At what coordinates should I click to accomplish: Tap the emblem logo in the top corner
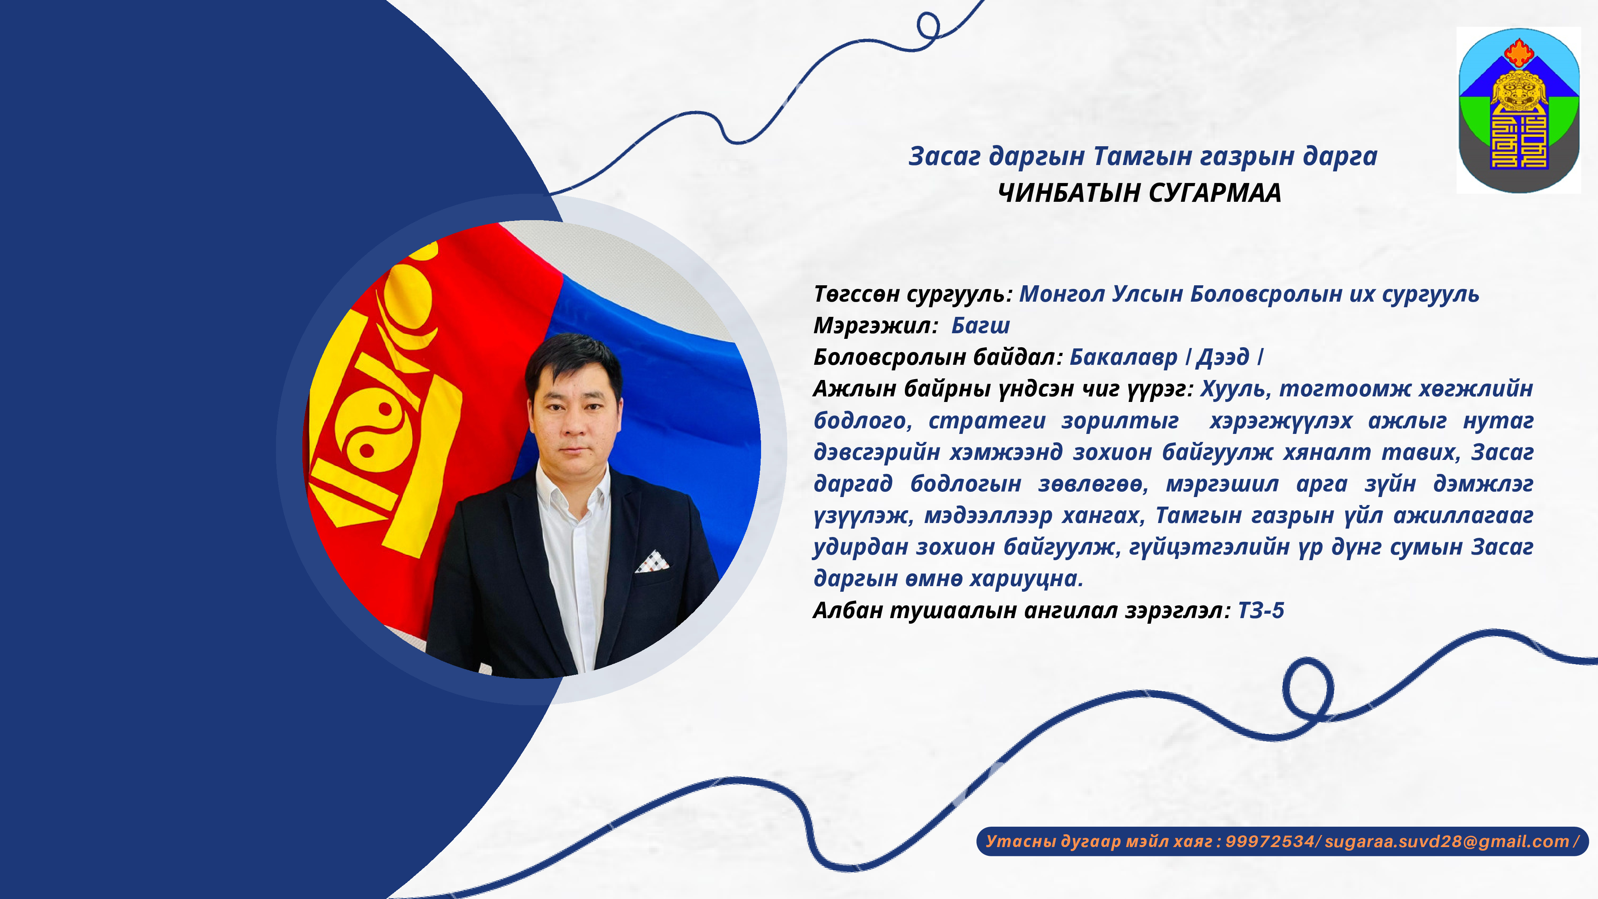coord(1518,110)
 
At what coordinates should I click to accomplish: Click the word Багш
coord(981,326)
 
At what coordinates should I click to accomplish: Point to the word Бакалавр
coord(1123,357)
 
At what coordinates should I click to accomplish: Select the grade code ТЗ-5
coord(1261,611)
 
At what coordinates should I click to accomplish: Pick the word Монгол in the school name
coord(1062,294)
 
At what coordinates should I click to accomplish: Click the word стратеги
coord(987,421)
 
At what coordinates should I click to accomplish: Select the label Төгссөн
coord(857,294)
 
